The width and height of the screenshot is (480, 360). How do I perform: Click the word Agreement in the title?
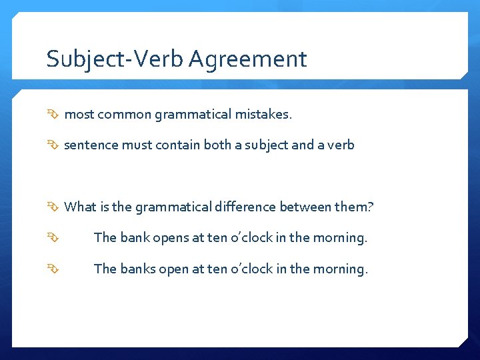(247, 60)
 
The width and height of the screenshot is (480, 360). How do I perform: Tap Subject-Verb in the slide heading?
(115, 60)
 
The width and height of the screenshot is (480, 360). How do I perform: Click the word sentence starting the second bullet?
(90, 145)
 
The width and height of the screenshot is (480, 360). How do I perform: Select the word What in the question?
(80, 207)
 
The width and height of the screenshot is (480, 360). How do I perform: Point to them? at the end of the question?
(354, 207)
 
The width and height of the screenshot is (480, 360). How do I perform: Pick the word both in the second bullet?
(231, 145)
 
